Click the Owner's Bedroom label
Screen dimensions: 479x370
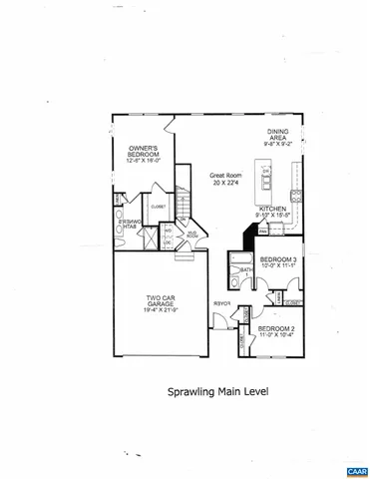click(145, 152)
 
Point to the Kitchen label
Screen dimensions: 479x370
click(274, 210)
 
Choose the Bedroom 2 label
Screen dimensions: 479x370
click(275, 328)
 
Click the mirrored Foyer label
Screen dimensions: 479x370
click(221, 303)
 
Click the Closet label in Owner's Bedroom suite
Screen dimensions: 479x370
click(159, 207)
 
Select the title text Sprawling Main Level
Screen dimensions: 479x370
click(217, 392)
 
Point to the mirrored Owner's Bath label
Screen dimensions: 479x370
click(128, 224)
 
